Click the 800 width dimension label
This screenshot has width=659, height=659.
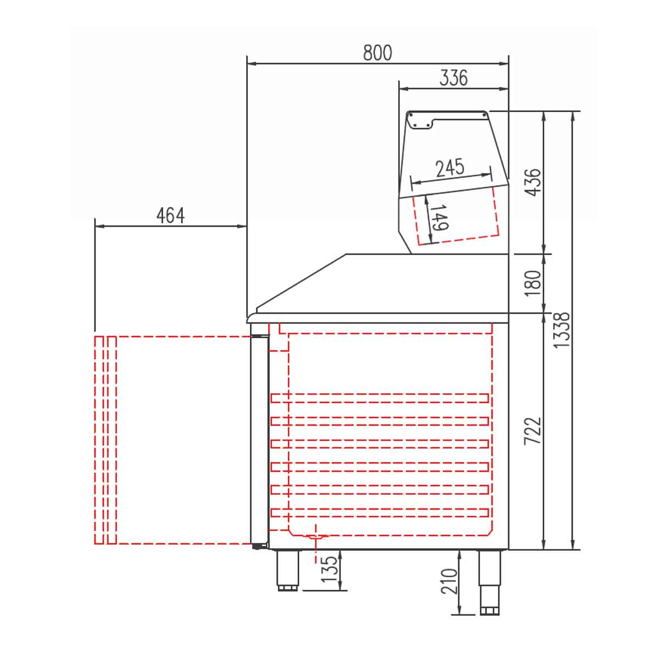(377, 53)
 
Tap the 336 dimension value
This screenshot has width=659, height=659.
(453, 77)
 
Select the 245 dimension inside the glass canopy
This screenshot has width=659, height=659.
(450, 167)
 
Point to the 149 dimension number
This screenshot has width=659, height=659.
(439, 217)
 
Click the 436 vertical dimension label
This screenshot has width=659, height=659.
(533, 182)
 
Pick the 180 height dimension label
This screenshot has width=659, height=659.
(533, 283)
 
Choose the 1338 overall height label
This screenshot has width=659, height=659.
(561, 330)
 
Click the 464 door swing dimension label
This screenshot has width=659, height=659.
(170, 215)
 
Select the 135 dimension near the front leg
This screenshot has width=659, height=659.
(329, 569)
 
